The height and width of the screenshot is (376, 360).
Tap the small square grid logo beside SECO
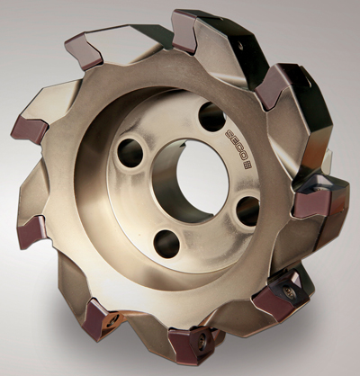coord(247,166)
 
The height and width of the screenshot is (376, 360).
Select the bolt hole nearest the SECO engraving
coord(211,117)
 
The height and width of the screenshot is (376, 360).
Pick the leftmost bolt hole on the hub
coord(130,153)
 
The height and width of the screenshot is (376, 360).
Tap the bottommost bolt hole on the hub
coord(166,244)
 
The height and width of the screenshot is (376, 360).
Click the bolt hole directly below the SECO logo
coord(247,210)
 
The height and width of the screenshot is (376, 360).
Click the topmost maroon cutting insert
coord(184,31)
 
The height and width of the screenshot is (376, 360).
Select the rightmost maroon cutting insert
coord(312,204)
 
